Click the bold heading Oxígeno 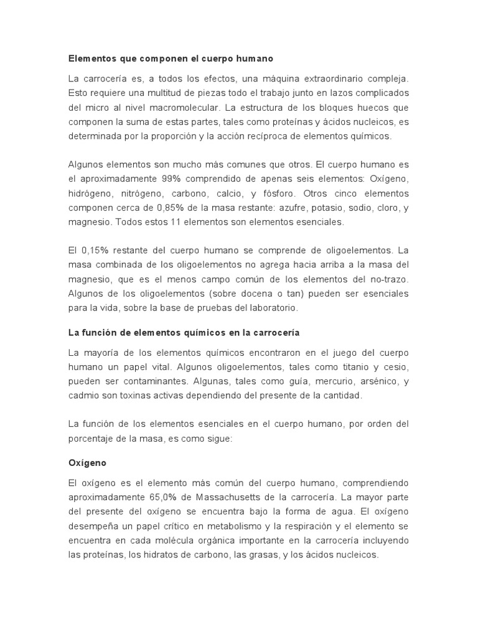point(87,463)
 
